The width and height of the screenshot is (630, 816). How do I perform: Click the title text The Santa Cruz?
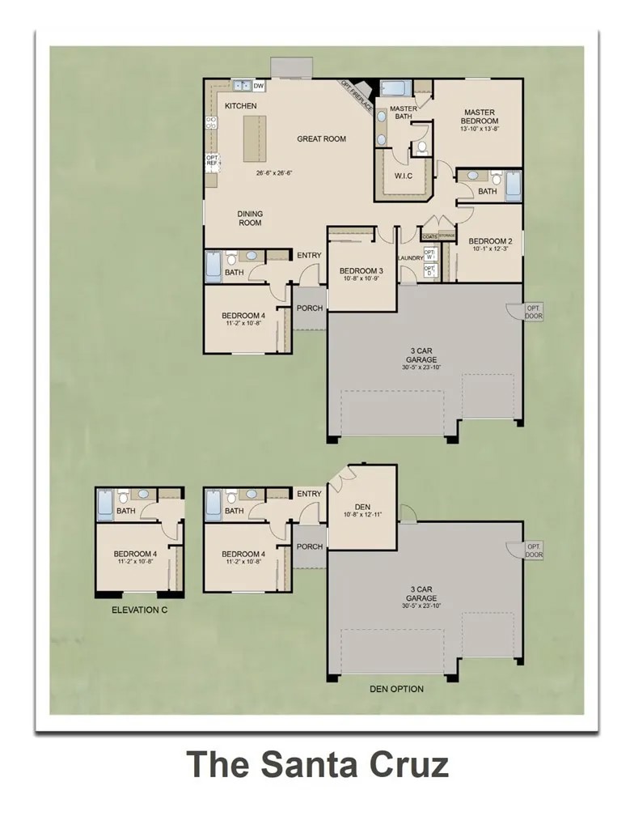[318, 763]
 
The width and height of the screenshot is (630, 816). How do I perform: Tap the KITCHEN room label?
[240, 106]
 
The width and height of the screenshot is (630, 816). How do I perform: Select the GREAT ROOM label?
[321, 139]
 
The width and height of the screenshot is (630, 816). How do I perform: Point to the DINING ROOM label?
[250, 219]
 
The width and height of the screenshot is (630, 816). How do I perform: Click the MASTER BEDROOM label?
[480, 117]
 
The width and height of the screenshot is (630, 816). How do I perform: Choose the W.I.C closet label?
[404, 176]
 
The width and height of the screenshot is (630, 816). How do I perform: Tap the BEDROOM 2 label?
[490, 240]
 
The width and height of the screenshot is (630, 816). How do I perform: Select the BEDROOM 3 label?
[361, 270]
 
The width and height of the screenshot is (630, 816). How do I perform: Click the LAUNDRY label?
[411, 258]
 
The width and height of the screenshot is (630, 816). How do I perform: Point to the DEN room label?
[362, 507]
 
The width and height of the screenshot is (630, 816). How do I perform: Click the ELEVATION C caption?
[139, 610]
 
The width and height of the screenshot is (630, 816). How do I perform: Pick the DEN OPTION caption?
[396, 689]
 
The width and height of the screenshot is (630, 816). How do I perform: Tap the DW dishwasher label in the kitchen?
[259, 86]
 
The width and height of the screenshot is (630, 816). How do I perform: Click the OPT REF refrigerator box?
[212, 160]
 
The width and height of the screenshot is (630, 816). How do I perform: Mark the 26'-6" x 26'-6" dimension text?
[273, 172]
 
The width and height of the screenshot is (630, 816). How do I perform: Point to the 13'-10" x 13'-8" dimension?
[480, 129]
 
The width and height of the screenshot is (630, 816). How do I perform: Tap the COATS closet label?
[429, 236]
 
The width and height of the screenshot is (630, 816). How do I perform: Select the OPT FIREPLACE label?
[356, 94]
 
